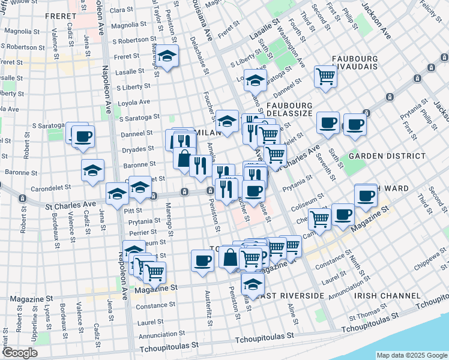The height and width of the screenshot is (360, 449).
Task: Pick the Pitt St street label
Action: [134, 211]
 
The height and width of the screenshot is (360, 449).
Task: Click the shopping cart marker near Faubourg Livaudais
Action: [325, 76]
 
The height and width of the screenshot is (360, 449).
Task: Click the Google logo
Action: [19, 353]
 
